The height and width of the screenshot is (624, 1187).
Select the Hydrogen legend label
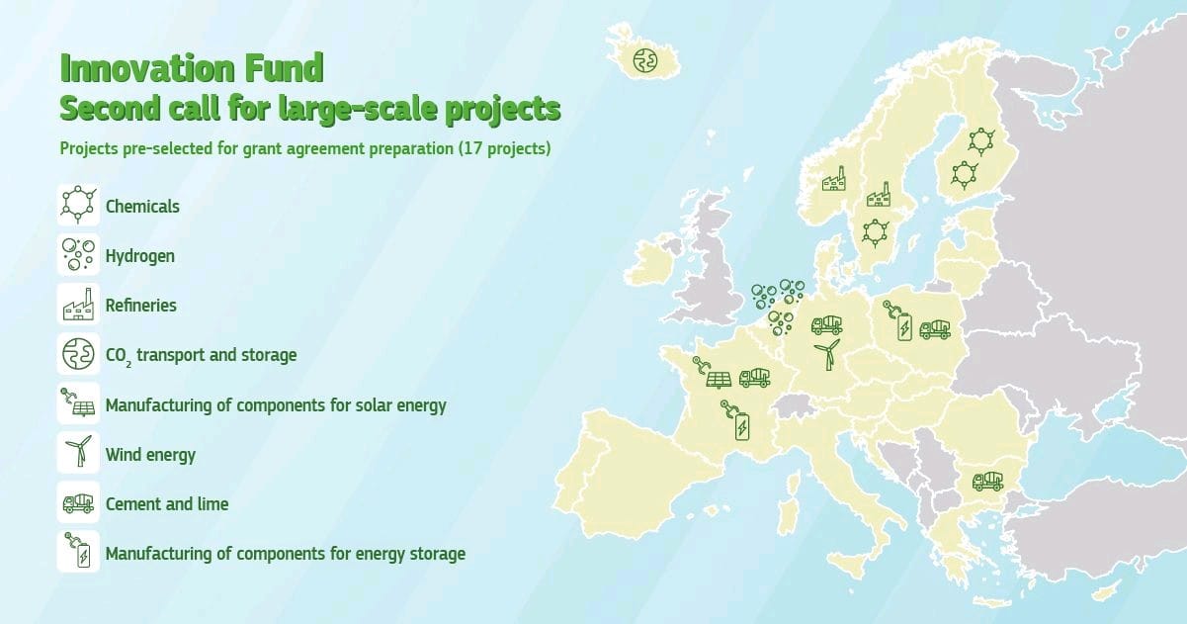tap(139, 256)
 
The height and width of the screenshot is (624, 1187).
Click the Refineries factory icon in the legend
tap(78, 305)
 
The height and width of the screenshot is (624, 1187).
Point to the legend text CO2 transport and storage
tap(201, 354)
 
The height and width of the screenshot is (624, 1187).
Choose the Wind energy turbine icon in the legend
tap(78, 453)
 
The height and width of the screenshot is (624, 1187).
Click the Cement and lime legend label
tap(166, 503)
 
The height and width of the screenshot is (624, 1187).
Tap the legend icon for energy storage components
tap(78, 552)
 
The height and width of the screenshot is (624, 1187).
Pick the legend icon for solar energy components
tap(78, 403)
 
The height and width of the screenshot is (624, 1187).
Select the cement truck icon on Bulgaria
tap(987, 481)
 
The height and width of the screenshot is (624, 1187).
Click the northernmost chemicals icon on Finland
tap(980, 140)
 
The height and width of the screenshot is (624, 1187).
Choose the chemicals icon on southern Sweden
tap(875, 232)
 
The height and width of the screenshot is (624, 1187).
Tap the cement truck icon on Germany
tap(826, 323)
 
